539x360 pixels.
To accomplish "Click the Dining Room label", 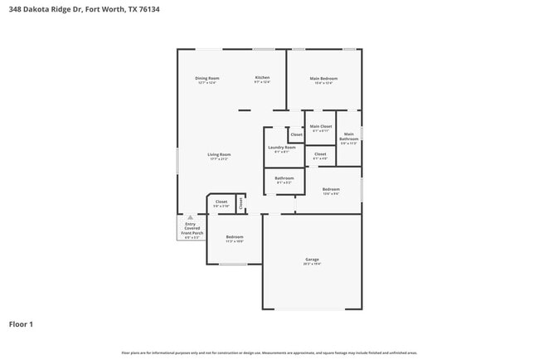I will click(208, 78).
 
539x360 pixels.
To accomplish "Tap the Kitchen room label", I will click(262, 78).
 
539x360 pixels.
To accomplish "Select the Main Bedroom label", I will click(324, 79).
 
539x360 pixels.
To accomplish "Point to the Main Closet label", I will click(321, 126).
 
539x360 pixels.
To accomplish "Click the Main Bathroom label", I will click(349, 136).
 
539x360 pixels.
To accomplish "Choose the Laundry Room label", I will click(281, 147).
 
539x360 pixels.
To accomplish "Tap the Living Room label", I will click(219, 154).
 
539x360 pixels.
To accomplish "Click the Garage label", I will click(312, 260).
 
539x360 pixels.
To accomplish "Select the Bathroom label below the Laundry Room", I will click(284, 178).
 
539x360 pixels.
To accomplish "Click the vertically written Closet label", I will click(240, 202).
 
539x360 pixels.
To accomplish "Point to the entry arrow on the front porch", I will click(190, 217).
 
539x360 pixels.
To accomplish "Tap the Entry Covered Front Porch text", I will click(191, 229).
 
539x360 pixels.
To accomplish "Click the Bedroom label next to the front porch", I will click(235, 237).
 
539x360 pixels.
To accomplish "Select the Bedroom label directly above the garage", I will click(330, 189).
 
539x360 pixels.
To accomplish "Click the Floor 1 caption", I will click(22, 324).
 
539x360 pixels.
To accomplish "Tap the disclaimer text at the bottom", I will click(269, 353).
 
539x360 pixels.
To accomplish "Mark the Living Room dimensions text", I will click(219, 158).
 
